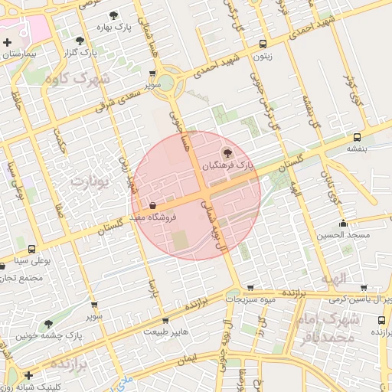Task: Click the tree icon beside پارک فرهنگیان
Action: click(224, 152)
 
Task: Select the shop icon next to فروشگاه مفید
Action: click(153, 205)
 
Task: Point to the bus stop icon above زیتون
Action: click(263, 44)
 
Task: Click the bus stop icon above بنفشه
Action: click(358, 137)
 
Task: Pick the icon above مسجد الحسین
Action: click(344, 224)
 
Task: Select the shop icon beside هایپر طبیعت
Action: click(165, 320)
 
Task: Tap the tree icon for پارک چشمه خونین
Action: click(49, 325)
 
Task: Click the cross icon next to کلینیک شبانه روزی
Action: click(28, 375)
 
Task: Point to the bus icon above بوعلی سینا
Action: click(31, 249)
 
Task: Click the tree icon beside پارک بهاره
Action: click(113, 15)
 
